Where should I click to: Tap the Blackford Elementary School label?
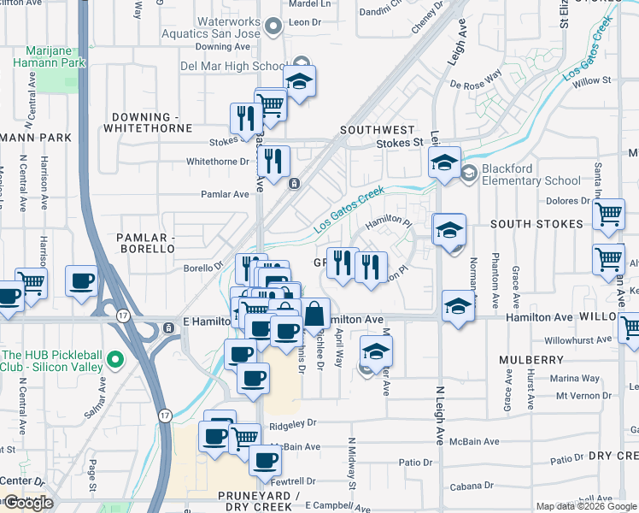tap(531, 174)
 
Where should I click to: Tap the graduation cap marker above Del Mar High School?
tap(298, 82)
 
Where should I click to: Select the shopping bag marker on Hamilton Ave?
tap(314, 314)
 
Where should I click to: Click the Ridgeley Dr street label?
tap(293, 422)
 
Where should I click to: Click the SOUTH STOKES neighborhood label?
tap(536, 224)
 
